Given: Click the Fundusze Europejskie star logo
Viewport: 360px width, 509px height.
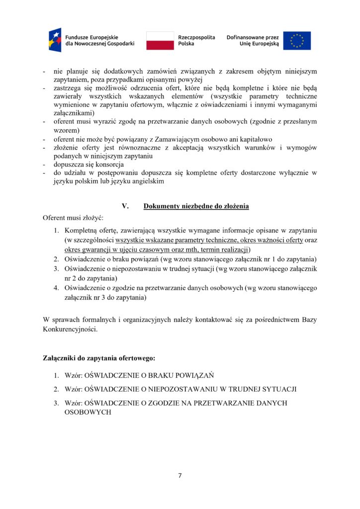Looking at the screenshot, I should click(x=55, y=40).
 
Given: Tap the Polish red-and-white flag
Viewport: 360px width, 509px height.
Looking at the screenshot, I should click(x=160, y=40).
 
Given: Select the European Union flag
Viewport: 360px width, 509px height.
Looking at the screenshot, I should click(x=297, y=40).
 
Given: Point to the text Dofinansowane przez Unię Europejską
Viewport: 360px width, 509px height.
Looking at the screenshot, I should click(x=253, y=40).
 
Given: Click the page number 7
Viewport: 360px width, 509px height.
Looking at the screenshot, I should click(x=180, y=475).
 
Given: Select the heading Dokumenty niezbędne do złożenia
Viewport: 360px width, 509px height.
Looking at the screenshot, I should click(x=196, y=206).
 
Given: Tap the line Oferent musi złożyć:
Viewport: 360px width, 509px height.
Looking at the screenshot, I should click(x=73, y=218).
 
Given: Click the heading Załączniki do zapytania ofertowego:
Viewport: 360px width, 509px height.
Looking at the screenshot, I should click(x=99, y=358).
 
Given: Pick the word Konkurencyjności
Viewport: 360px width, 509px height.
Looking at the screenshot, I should click(x=70, y=329).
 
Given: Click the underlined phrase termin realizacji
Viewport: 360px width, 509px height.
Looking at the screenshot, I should click(x=226, y=250).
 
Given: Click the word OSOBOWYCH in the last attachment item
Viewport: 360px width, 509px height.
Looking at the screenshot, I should click(x=88, y=413).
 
